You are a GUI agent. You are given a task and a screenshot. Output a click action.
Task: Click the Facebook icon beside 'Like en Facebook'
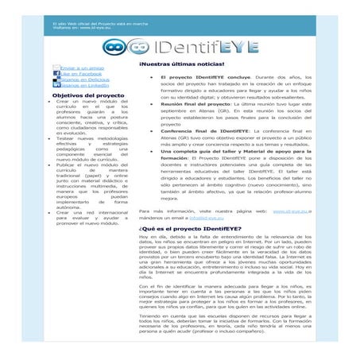point(56,75)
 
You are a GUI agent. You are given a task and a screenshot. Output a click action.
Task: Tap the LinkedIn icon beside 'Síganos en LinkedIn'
point(56,88)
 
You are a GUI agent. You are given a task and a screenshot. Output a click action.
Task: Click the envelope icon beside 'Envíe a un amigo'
point(56,69)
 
